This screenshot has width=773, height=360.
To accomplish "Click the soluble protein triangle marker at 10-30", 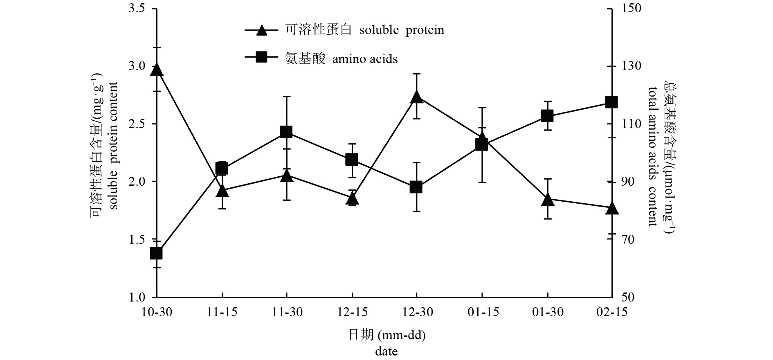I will pos(157,70).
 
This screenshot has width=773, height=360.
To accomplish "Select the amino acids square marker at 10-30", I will pos(157,254).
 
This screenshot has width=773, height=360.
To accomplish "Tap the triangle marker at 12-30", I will pos(416,97).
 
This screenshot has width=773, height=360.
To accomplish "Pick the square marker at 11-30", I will pos(286,132).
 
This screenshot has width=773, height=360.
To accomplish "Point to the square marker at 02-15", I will pos(611,102).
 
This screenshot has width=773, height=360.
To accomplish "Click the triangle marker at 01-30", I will pos(548,200).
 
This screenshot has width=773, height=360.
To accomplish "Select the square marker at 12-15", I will pos(351,160).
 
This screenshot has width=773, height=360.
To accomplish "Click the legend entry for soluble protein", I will pos(344,30).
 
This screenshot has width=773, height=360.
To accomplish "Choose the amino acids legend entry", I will pos(321,59).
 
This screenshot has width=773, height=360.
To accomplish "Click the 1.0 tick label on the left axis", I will pos(137,297).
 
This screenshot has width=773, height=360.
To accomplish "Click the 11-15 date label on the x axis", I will pos(222,312).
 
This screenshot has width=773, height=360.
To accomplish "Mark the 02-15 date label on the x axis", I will pos(611,312).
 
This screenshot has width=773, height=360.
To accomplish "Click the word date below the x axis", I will pos(386,351).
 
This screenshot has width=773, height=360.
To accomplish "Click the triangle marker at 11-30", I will pos(286,176).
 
